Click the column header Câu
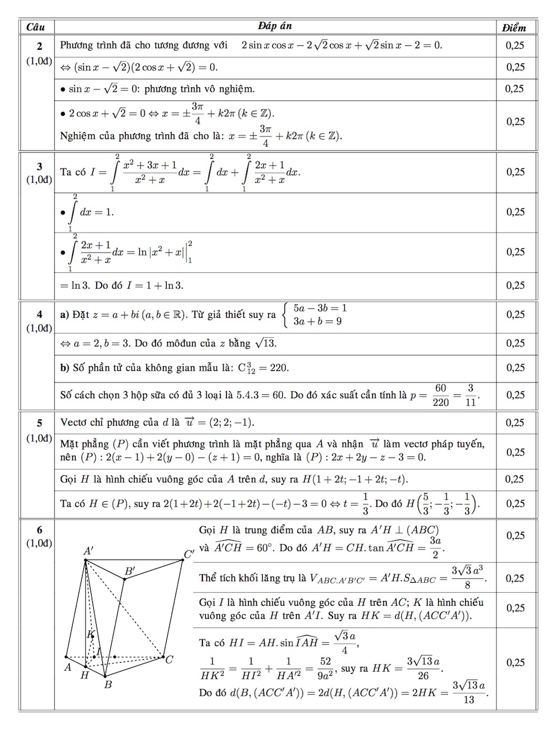pos(36,27)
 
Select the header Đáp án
pos(274,26)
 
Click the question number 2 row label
pos(39,46)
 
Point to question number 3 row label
pos(39,166)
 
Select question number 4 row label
pos(39,315)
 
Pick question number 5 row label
pos(39,423)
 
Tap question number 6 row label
pos(39,530)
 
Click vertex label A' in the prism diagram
pos(88,551)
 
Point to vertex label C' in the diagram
pos(189,555)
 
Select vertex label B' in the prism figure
pos(130,571)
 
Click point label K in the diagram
pos(89,634)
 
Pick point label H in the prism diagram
pos(85,675)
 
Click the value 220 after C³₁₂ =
pos(279,368)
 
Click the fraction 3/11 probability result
pos(471,395)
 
